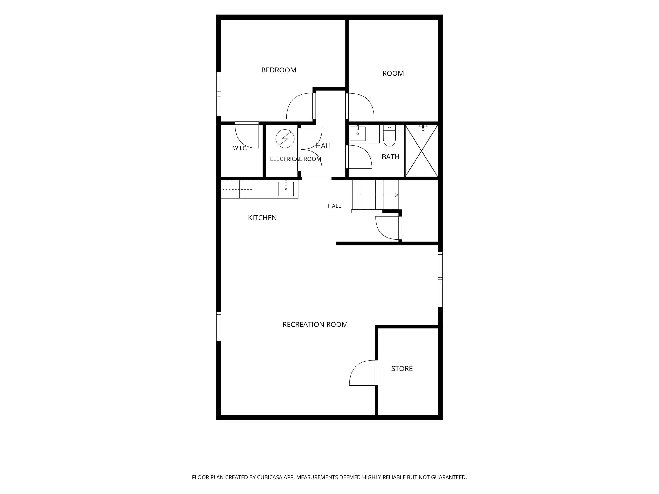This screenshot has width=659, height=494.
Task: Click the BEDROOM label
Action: coord(279,70)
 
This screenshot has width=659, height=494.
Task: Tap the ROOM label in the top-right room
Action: coord(393,73)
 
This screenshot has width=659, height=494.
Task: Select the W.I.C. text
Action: coord(240,148)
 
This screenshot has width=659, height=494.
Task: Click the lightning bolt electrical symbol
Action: coord(285,139)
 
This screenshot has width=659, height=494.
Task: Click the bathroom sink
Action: coord(357,133)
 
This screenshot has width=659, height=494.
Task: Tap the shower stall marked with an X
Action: coord(421,151)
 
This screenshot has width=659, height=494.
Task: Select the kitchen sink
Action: coord(286,188)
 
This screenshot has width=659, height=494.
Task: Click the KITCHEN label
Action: coord(262,218)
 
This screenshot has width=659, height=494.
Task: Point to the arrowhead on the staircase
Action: coord(396,195)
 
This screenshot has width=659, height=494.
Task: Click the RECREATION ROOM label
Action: coord(315,324)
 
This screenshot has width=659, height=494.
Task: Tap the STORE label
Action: coord(402,368)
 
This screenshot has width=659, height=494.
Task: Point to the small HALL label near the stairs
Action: coord(334,206)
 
